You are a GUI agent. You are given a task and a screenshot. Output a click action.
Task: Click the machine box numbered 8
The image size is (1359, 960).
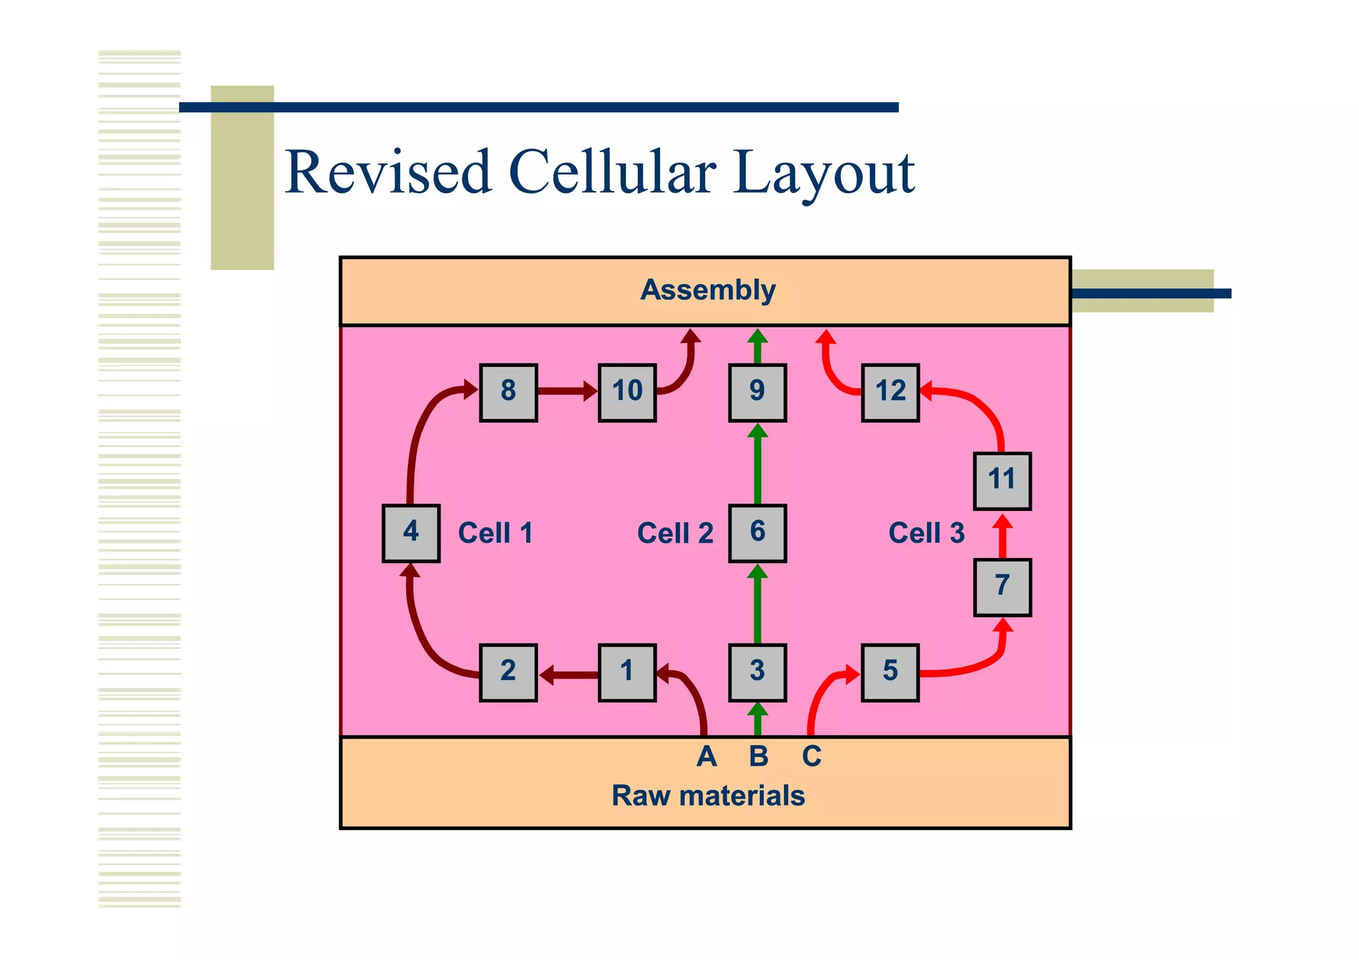click(x=508, y=392)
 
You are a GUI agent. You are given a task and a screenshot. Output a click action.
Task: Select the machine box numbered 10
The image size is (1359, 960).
click(x=627, y=392)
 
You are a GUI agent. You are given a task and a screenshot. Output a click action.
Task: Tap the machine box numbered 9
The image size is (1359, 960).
click(x=757, y=392)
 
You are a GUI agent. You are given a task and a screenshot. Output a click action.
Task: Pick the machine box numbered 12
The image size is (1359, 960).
click(x=890, y=392)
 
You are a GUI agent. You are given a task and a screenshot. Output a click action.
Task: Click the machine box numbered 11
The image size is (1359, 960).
click(x=1002, y=481)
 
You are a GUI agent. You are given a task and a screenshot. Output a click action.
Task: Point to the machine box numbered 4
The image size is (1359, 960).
click(x=411, y=533)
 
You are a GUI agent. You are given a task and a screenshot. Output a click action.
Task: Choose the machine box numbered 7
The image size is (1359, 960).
click(x=1002, y=587)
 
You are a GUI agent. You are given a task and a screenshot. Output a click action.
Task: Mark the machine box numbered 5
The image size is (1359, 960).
click(x=890, y=672)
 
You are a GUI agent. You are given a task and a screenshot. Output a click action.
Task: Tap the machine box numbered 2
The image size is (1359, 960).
click(x=508, y=672)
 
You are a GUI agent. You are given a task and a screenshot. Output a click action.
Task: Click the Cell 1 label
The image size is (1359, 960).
click(x=495, y=533)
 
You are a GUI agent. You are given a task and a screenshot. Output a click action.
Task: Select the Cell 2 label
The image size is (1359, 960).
click(x=675, y=533)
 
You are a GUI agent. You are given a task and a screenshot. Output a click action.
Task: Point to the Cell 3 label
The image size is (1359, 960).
click(x=926, y=533)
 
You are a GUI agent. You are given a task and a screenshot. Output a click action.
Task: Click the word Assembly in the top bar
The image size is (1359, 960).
click(x=707, y=290)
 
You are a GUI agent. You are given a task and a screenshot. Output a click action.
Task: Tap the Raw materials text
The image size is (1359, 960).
click(x=707, y=795)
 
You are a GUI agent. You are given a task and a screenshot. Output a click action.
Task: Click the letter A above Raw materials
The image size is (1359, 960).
click(x=707, y=756)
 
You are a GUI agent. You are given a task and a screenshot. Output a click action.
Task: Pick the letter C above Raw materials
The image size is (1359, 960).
click(x=812, y=756)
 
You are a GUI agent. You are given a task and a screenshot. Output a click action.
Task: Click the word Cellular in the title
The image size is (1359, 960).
click(x=612, y=172)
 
